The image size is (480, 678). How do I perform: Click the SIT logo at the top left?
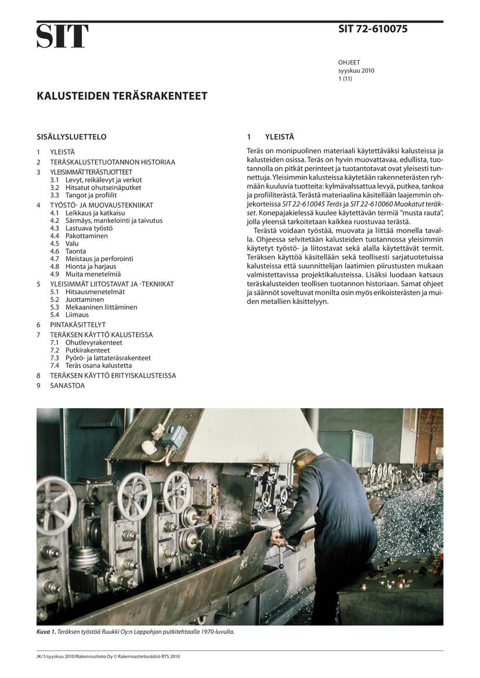point(63,36)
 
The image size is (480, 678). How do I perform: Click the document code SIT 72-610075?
point(373,29)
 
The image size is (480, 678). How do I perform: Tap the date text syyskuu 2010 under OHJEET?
point(356,71)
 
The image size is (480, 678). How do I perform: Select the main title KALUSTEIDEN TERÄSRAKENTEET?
point(122,96)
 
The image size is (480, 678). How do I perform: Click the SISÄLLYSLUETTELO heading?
point(71,137)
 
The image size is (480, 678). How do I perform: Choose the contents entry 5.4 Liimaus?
point(69,314)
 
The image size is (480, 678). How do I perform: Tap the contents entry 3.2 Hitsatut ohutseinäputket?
point(95,188)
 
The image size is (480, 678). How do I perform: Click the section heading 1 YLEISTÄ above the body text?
point(270,137)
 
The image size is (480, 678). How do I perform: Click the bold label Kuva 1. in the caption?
point(46,632)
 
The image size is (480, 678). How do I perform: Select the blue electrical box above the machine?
point(175,437)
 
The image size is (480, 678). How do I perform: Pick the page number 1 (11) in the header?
point(345,78)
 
